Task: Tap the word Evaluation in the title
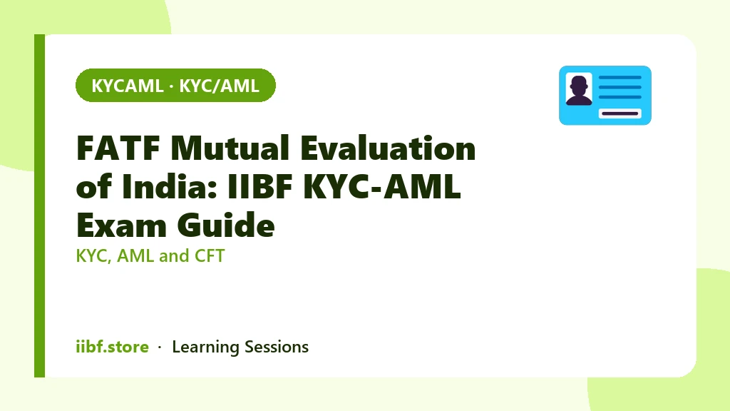click(x=388, y=148)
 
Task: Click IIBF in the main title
click(x=260, y=186)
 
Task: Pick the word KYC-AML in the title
click(x=382, y=186)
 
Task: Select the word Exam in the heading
click(x=121, y=225)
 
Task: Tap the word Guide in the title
click(x=226, y=225)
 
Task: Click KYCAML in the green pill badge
click(x=127, y=86)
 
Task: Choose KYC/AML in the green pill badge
click(x=220, y=86)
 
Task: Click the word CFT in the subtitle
click(x=210, y=256)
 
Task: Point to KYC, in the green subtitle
click(x=93, y=256)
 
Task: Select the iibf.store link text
click(x=112, y=347)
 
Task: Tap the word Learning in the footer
click(x=205, y=347)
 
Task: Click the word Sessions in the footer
click(x=277, y=347)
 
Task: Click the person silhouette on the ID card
click(x=579, y=90)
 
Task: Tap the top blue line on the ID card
click(x=620, y=77)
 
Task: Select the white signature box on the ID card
click(x=620, y=113)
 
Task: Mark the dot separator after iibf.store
click(x=160, y=347)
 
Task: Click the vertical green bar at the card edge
click(x=40, y=205)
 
